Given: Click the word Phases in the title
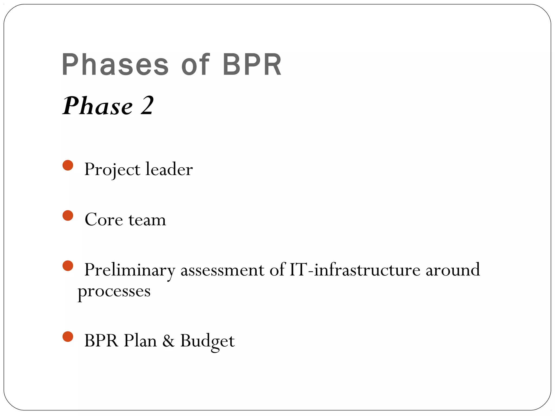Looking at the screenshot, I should pyautogui.click(x=115, y=65).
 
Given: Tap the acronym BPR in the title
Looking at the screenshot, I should pyautogui.click(x=252, y=65).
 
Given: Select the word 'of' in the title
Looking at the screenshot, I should pyautogui.click(x=195, y=65).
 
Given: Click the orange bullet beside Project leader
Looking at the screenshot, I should pyautogui.click(x=68, y=165).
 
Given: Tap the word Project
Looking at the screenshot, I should pyautogui.click(x=112, y=170).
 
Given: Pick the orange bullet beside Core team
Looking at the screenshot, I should pyautogui.click(x=68, y=216).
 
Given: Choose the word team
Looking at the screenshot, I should pyautogui.click(x=147, y=220).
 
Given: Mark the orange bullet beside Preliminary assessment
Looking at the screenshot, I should pyautogui.click(x=68, y=266).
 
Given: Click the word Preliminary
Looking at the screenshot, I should pyautogui.click(x=130, y=270).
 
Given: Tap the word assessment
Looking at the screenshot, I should pyautogui.click(x=222, y=270).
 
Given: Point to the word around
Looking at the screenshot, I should pyautogui.click(x=453, y=270).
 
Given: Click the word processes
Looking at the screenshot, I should pyautogui.click(x=114, y=292).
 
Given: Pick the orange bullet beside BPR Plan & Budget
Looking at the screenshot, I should pyautogui.click(x=68, y=337).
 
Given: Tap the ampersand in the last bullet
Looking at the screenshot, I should pyautogui.click(x=168, y=341).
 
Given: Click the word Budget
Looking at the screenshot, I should pyautogui.click(x=207, y=341).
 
